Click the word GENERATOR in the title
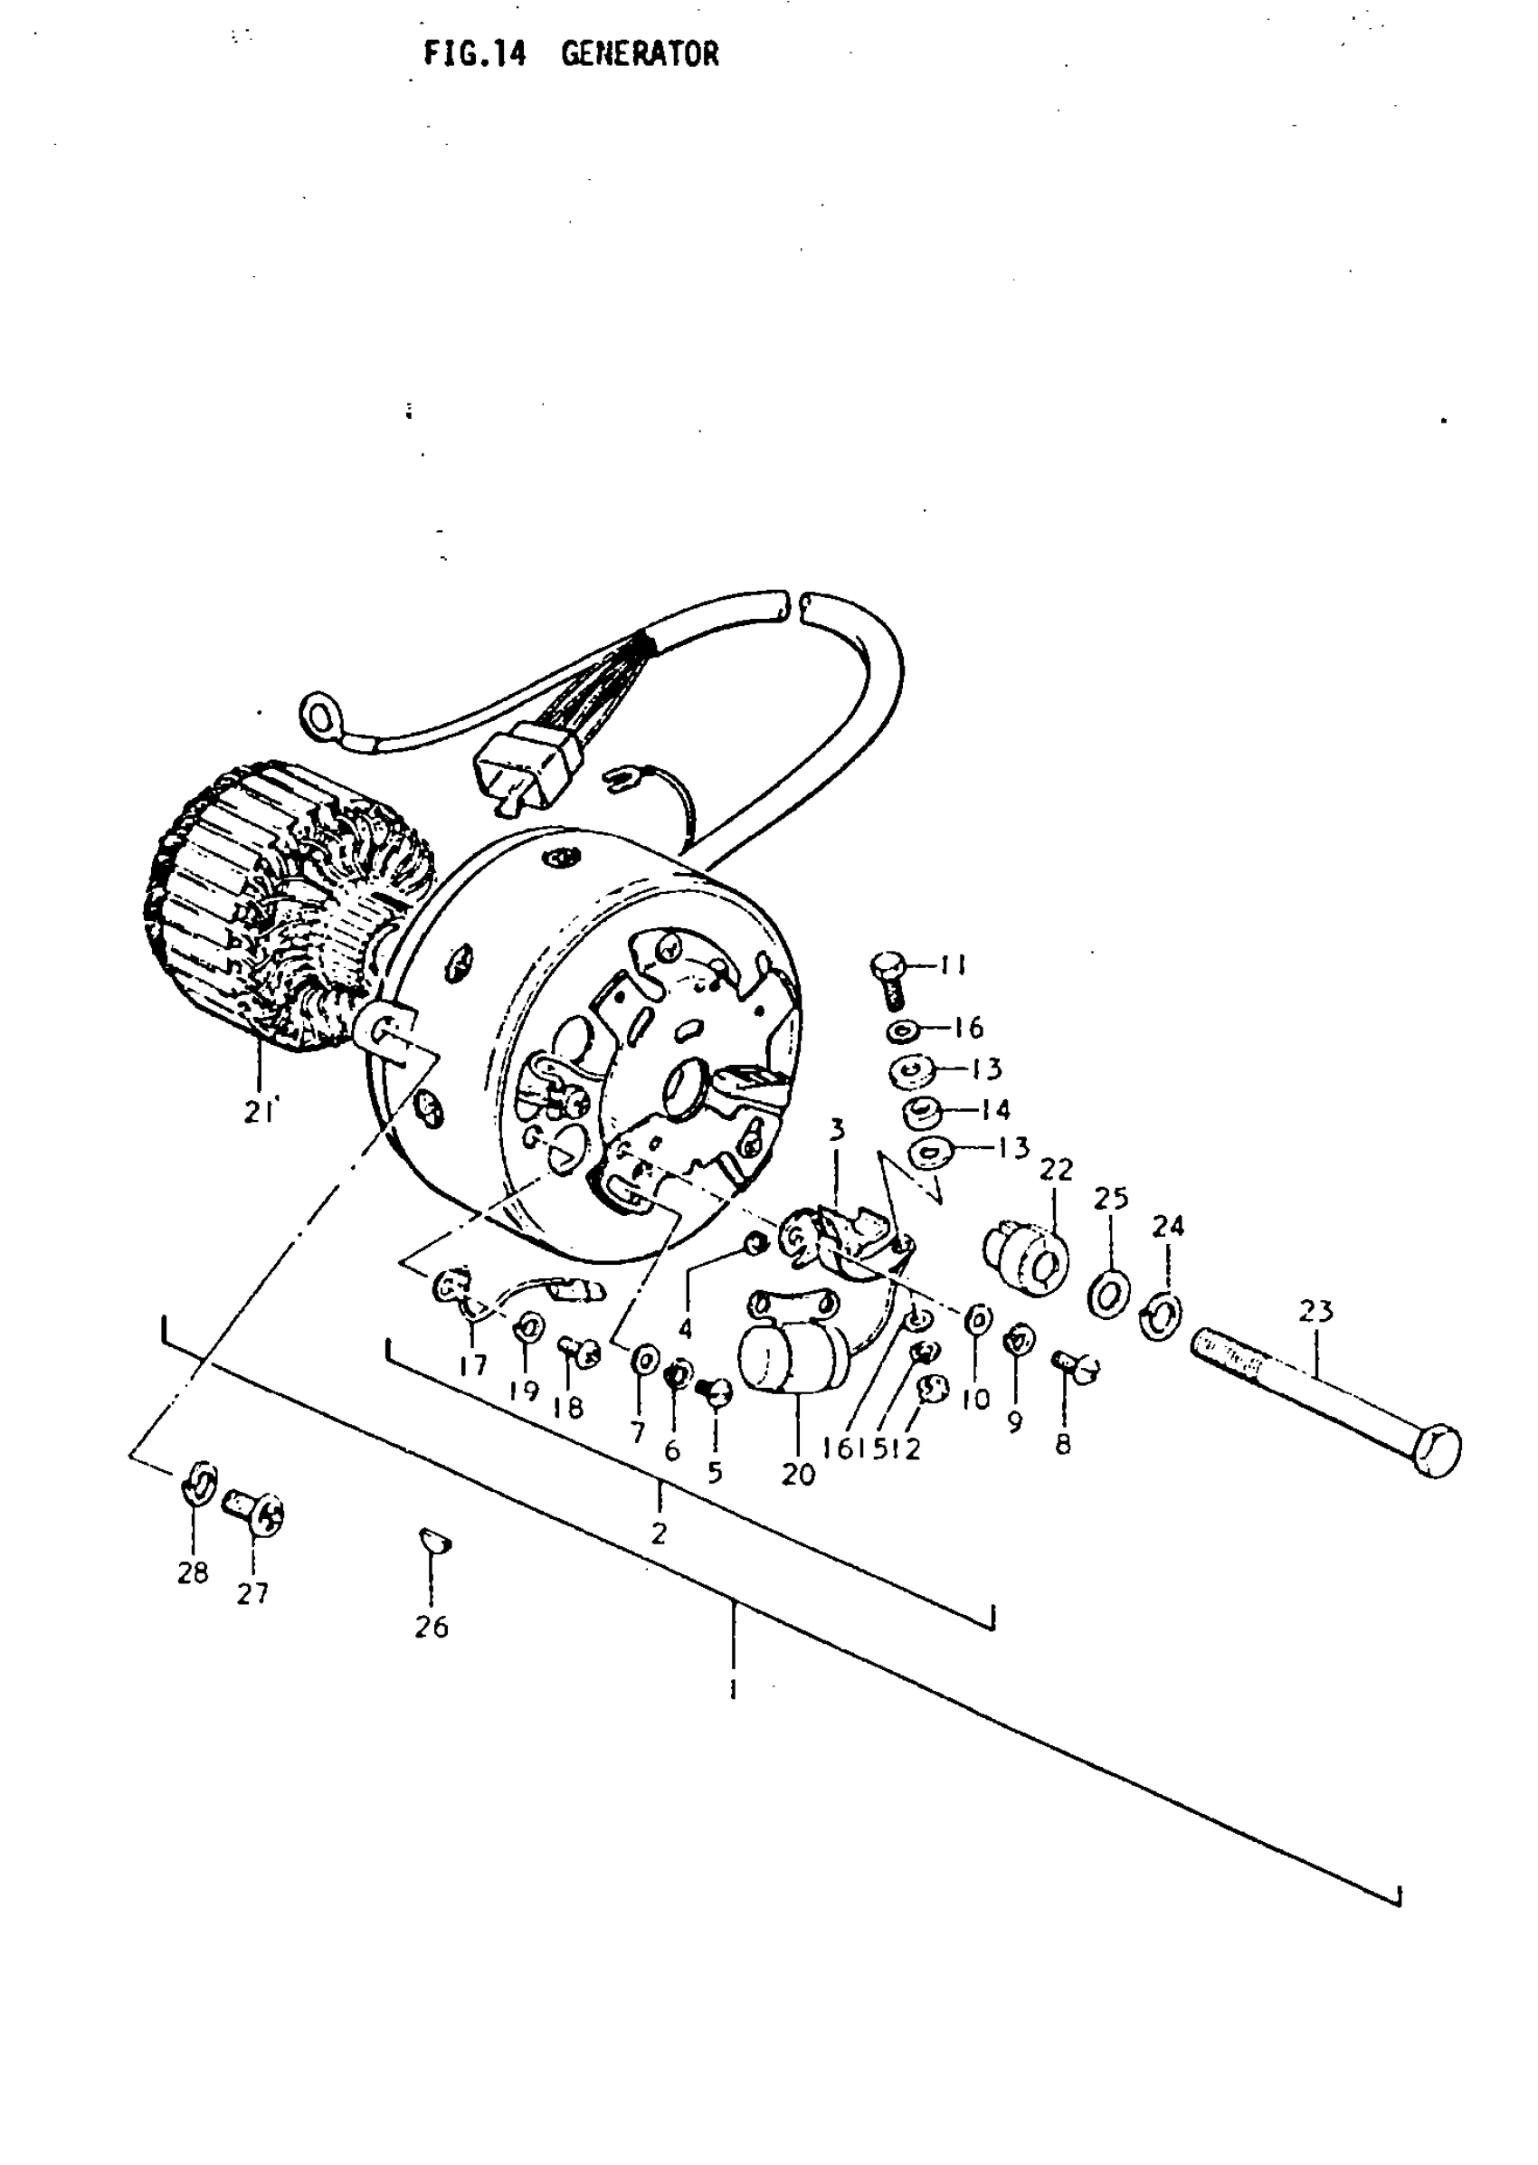pos(640,54)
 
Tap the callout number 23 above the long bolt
pos(1315,1312)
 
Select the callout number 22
pos(1056,1171)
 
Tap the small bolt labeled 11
pos(887,976)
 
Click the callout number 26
pos(431,1627)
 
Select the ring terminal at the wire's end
pos(317,710)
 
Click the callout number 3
pos(836,1129)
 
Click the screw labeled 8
pos(1076,1364)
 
